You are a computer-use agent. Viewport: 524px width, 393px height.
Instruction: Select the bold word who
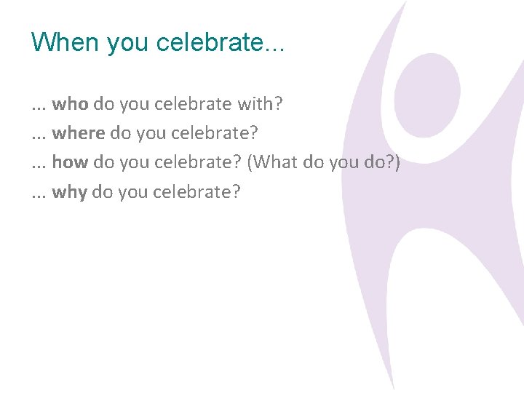click(70, 104)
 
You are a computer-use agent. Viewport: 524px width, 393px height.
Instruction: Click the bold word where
click(79, 133)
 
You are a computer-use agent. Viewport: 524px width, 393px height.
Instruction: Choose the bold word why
click(69, 192)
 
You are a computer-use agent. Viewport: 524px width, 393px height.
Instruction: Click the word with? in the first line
click(260, 104)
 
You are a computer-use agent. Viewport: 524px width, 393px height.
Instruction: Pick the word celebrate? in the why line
click(196, 192)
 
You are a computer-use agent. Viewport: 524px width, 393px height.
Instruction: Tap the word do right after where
click(120, 133)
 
